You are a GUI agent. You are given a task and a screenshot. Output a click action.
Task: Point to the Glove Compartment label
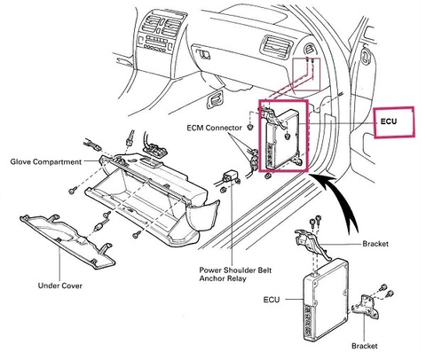pyautogui.click(x=44, y=162)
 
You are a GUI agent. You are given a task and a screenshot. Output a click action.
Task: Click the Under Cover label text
pyautogui.click(x=60, y=286)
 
